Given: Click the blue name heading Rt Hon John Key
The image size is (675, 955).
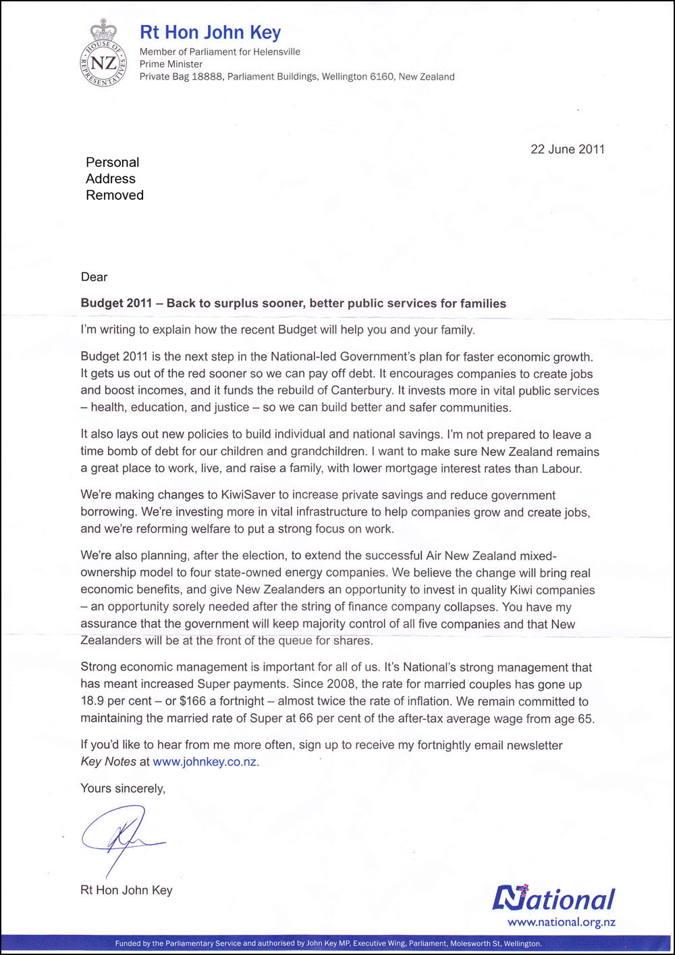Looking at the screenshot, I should click(x=210, y=32).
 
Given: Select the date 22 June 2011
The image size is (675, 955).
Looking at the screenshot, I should click(x=567, y=149).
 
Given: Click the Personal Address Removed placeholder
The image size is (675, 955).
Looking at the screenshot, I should click(x=114, y=179).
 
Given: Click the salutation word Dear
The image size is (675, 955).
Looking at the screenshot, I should click(x=94, y=277).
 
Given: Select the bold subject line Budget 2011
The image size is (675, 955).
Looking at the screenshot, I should click(x=293, y=303).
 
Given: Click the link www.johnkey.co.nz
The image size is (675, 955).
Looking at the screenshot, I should click(x=205, y=762).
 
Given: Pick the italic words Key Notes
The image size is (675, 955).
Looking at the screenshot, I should click(x=108, y=762).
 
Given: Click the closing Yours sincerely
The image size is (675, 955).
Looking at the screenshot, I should click(x=123, y=788).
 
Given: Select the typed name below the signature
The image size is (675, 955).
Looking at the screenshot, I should click(x=126, y=890).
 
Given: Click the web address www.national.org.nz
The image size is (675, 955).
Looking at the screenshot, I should click(x=561, y=922).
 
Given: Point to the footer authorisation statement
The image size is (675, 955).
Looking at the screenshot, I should click(x=328, y=944).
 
